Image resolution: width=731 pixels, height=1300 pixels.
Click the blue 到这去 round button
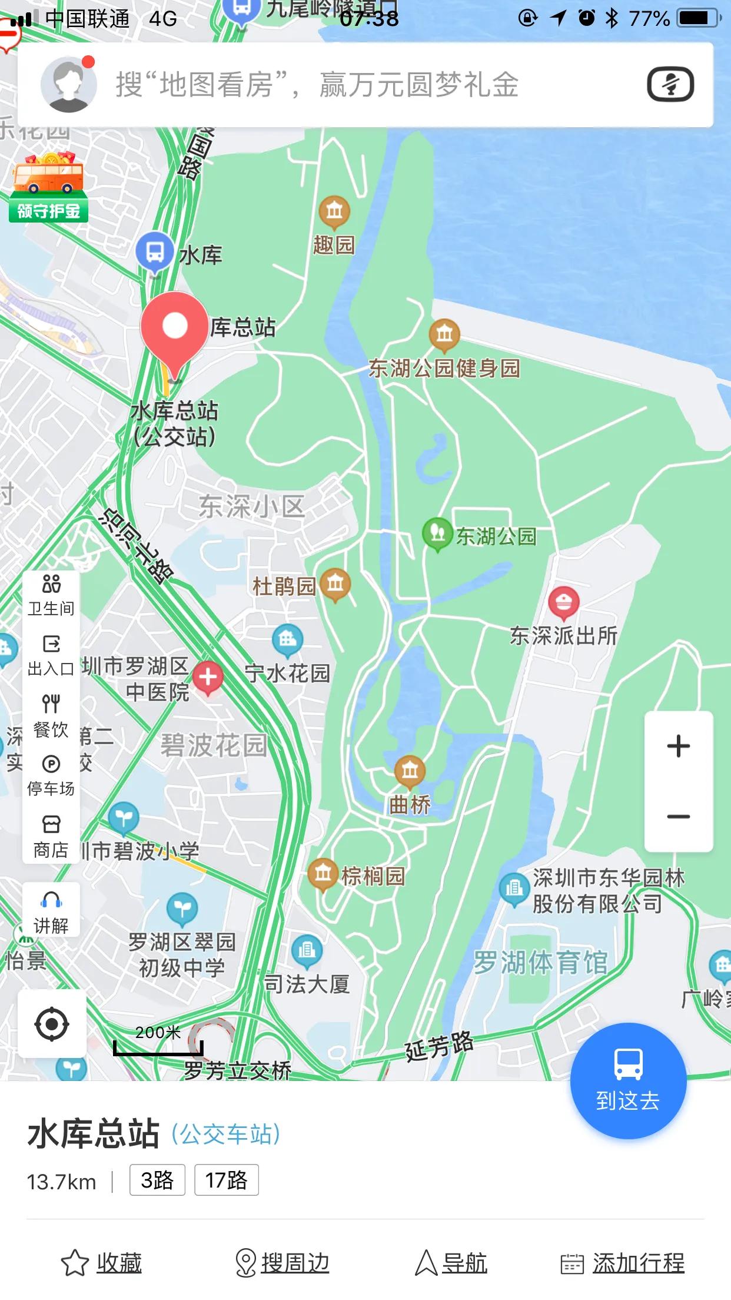click(628, 1081)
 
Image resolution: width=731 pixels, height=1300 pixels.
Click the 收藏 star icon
click(75, 1263)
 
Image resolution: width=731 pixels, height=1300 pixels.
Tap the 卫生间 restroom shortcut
click(51, 595)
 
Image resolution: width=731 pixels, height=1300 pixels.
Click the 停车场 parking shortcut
click(51, 775)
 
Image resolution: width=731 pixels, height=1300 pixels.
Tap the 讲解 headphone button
click(51, 912)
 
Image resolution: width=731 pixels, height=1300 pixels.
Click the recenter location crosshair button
click(52, 1024)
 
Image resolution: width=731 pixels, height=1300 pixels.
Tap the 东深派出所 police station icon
click(563, 602)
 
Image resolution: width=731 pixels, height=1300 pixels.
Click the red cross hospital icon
click(208, 677)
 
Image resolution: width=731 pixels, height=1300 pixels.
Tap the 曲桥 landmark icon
click(410, 771)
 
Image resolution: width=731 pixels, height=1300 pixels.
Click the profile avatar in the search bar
click(68, 85)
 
